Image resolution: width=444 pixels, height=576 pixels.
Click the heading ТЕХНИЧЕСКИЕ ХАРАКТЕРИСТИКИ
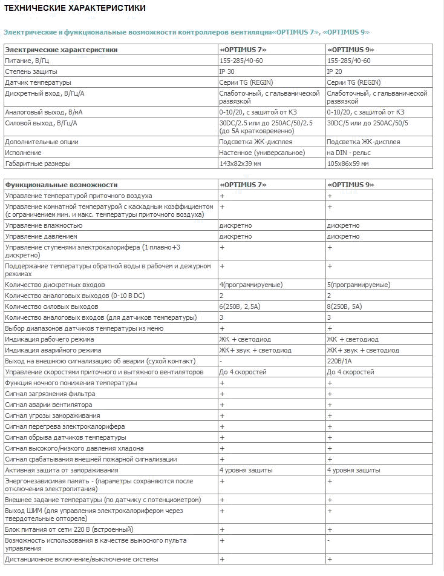point(74,8)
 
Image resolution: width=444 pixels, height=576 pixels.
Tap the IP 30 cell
point(227,71)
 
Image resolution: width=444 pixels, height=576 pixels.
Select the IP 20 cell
point(335,71)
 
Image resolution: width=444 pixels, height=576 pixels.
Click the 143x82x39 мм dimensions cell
point(240,164)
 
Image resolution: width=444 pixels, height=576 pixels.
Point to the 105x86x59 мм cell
point(348,164)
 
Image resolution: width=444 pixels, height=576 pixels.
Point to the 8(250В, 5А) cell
point(345,306)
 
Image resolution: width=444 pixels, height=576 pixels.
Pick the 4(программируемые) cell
point(252,285)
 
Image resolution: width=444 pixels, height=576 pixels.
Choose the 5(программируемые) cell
point(359,285)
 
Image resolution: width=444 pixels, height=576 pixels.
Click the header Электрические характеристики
point(61,50)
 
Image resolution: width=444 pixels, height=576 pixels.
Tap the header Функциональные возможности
point(61,185)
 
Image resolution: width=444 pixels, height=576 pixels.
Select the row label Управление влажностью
point(44,225)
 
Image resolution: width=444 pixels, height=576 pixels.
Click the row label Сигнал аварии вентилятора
point(48,405)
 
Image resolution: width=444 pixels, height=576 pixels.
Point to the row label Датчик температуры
point(38,82)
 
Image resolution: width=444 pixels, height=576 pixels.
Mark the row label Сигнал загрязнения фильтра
point(50,394)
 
